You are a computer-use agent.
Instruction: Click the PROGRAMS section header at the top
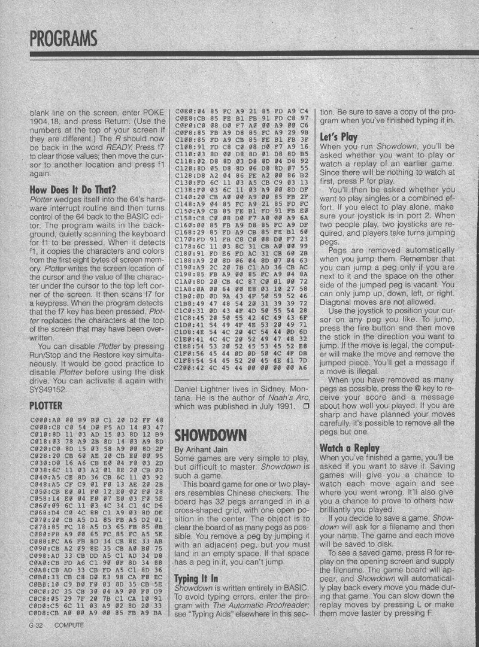(62, 37)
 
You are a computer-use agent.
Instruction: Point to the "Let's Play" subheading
(339, 136)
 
